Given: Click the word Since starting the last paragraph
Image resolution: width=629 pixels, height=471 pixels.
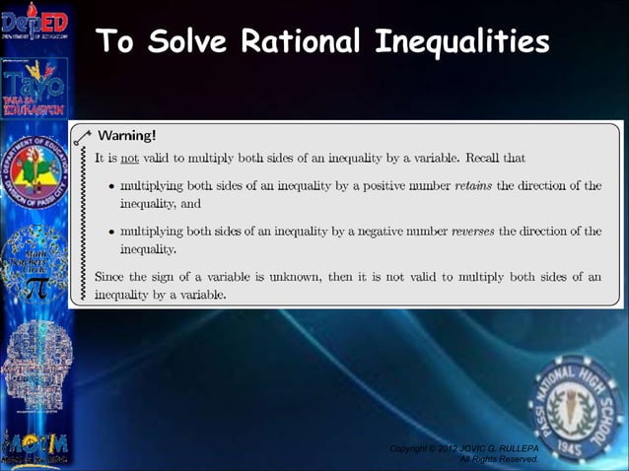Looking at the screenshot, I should pyautogui.click(x=110, y=277).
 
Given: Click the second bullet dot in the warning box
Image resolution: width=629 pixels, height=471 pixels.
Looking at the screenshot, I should pyautogui.click(x=108, y=233).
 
